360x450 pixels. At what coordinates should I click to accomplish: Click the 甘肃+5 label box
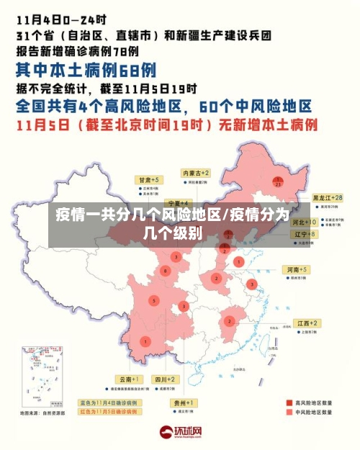click(x=150, y=179)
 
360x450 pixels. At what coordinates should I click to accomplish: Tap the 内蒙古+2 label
click(x=195, y=174)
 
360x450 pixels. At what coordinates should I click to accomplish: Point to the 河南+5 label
click(x=297, y=269)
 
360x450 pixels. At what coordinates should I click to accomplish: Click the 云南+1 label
click(x=130, y=379)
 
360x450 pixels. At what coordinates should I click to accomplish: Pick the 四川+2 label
click(x=165, y=379)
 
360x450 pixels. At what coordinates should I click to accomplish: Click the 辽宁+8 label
click(x=301, y=234)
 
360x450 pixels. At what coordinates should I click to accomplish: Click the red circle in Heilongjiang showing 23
click(x=277, y=182)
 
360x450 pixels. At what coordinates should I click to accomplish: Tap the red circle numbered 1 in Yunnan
click(x=146, y=341)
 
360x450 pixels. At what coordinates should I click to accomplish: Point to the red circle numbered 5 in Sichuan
click(x=153, y=300)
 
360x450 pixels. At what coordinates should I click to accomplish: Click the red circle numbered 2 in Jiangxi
click(x=230, y=321)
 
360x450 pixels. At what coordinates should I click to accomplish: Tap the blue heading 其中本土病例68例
click(x=86, y=70)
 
